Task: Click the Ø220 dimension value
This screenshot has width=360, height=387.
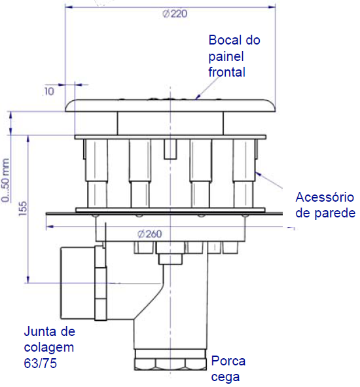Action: pos(175,14)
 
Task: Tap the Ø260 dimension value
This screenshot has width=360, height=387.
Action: pos(149,234)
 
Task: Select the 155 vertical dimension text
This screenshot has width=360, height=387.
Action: pos(23,208)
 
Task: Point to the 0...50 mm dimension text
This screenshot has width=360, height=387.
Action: pos(5,181)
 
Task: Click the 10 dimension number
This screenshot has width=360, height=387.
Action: pos(49,92)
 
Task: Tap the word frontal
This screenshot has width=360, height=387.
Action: pos(226,72)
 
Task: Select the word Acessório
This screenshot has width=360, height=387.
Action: pos(325,197)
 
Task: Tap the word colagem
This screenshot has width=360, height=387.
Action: pos(49,348)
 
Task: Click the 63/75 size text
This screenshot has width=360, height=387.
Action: pos(40,363)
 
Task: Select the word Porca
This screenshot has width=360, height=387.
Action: pos(228,361)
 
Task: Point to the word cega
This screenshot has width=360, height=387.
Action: pos(225,377)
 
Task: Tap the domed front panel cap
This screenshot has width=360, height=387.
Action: pos(170,105)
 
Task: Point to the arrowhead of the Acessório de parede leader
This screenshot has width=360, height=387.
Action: pos(258,174)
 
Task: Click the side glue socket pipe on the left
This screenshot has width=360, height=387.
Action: pos(78,283)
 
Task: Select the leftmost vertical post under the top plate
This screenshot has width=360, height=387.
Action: pos(97,174)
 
